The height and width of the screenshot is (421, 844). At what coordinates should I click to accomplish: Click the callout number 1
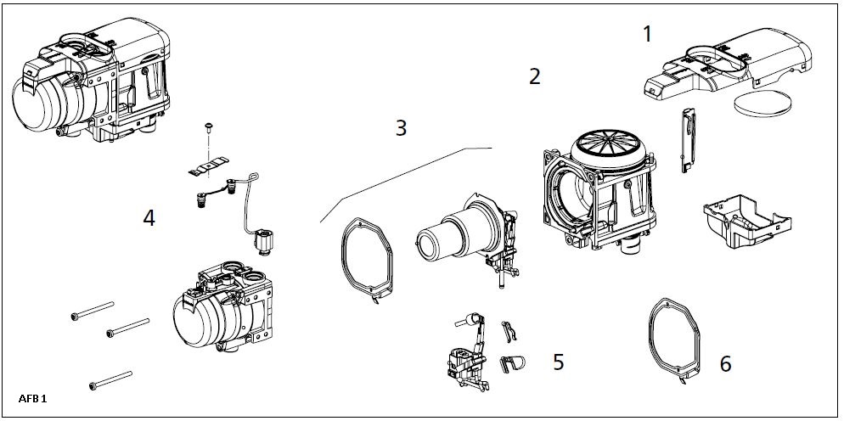click(x=648, y=35)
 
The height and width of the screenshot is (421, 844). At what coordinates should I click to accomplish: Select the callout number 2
click(x=534, y=76)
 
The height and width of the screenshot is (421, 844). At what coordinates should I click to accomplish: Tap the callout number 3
click(x=401, y=128)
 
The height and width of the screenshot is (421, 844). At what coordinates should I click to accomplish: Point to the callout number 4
click(x=149, y=218)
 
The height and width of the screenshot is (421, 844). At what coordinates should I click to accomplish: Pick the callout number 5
click(x=558, y=362)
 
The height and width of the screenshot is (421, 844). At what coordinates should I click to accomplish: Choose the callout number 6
click(x=724, y=364)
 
